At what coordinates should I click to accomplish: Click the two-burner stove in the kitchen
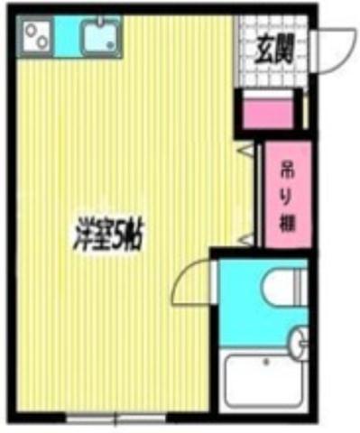tap(35, 38)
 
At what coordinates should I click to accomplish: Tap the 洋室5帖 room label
tap(110, 235)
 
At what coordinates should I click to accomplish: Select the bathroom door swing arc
tap(188, 281)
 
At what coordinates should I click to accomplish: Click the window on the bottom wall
tap(117, 417)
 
